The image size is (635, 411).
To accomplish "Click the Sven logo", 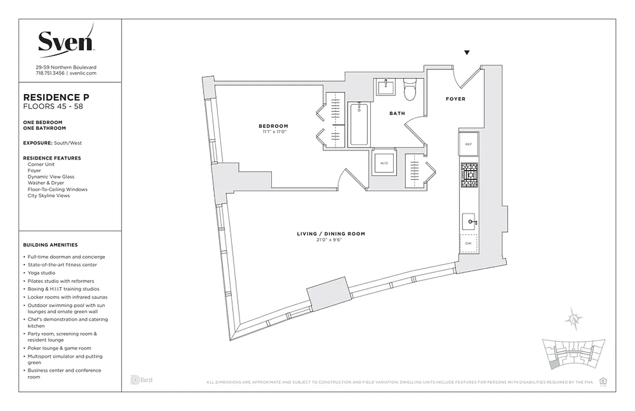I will [x=66, y=41].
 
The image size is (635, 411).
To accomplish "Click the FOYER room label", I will [x=455, y=99].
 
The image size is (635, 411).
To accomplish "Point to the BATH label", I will [x=397, y=114].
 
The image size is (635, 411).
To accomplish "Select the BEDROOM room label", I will [x=273, y=126].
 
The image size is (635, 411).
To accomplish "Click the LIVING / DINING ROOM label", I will [x=331, y=234].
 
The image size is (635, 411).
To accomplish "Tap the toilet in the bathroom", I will [x=410, y=91].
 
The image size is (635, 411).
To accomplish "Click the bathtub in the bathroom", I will [x=358, y=124].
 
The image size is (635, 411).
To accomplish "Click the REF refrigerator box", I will [x=469, y=144].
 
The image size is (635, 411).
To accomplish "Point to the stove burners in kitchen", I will [x=469, y=176].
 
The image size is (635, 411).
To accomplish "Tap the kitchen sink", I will [x=469, y=222].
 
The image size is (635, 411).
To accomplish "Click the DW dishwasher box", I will [x=469, y=244].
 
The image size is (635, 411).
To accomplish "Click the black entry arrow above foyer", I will [x=467, y=52].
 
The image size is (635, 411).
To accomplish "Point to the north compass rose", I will [x=573, y=320].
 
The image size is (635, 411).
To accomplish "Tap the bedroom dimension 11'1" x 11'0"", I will [x=273, y=132].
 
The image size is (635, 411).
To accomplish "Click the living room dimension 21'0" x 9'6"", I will [x=331, y=240].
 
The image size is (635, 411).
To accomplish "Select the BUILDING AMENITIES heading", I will [x=50, y=245].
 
